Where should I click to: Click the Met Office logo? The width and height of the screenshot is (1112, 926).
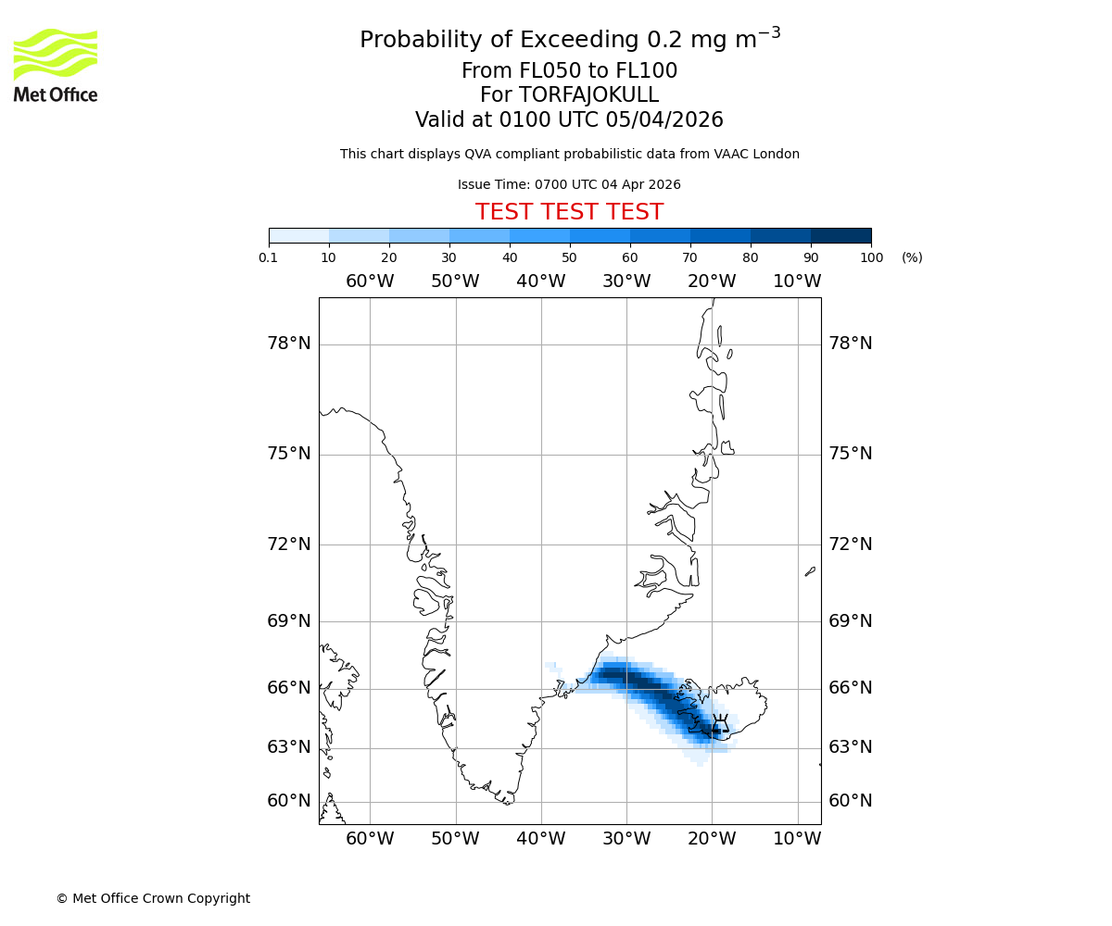(x=56, y=65)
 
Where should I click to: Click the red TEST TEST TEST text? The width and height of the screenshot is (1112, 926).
(x=569, y=213)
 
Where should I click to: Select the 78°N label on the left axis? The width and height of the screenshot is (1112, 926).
(x=289, y=344)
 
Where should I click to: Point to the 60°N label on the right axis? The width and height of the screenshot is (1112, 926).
(x=850, y=801)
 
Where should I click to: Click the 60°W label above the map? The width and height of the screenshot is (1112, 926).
(x=370, y=282)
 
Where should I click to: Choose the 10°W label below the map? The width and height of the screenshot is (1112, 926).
(x=797, y=839)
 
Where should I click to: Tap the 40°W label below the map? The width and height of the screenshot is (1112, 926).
(x=540, y=839)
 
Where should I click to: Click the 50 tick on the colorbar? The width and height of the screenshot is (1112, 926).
(x=569, y=257)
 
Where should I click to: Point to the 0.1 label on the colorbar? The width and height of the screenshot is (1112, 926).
(x=269, y=257)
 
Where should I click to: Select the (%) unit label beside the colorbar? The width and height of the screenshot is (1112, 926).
(x=912, y=257)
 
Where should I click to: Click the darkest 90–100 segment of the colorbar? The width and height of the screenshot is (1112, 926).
(x=840, y=235)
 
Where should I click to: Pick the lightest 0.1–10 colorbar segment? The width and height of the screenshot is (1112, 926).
(x=298, y=235)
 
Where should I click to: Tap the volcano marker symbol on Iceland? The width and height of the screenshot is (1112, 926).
(x=719, y=727)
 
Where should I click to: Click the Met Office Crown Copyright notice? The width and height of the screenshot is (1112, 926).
(x=153, y=898)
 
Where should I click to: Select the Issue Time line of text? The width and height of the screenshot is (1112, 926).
(x=569, y=185)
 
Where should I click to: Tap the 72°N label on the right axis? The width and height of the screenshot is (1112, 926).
(x=850, y=544)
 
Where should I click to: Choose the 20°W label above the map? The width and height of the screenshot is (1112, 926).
(x=712, y=282)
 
